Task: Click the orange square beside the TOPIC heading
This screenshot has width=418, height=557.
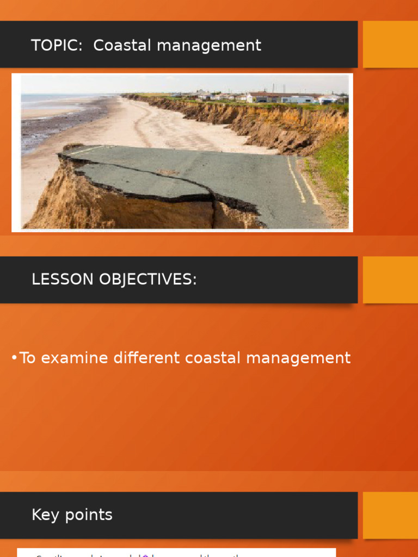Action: (x=390, y=44)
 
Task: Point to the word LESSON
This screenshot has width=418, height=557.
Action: (x=62, y=280)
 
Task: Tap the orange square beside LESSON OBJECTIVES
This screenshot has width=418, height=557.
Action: (x=390, y=280)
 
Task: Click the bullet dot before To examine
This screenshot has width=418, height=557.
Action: (x=14, y=358)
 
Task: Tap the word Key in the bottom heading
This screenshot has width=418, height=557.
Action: (x=45, y=515)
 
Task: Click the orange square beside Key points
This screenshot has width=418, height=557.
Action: (x=390, y=515)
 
